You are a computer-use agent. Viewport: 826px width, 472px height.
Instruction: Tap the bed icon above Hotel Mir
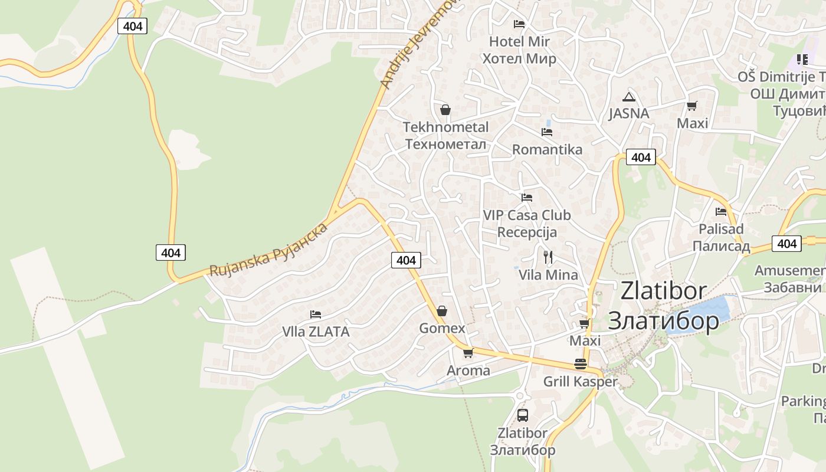tap(519, 24)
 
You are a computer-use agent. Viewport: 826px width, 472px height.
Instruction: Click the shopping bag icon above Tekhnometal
tap(445, 110)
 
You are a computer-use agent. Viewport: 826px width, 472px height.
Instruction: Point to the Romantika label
tap(547, 149)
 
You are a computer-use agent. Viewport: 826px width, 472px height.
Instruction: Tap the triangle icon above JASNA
tap(629, 97)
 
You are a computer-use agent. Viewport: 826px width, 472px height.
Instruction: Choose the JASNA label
tap(629, 113)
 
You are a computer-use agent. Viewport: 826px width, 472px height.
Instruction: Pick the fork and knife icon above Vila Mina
tap(548, 257)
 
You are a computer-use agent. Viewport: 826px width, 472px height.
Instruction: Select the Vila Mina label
tap(548, 275)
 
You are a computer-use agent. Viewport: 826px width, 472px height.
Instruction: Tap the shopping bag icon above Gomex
tap(441, 311)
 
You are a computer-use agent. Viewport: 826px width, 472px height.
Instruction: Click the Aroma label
tap(468, 371)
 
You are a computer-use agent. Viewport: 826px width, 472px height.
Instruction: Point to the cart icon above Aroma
tap(468, 353)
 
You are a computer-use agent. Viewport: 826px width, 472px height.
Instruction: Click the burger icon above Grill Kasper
tap(581, 363)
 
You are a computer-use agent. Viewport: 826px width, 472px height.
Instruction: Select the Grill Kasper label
tap(580, 382)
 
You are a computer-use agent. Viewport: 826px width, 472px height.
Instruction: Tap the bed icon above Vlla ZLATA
tap(316, 314)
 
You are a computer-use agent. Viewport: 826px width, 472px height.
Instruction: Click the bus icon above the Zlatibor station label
tap(523, 415)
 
